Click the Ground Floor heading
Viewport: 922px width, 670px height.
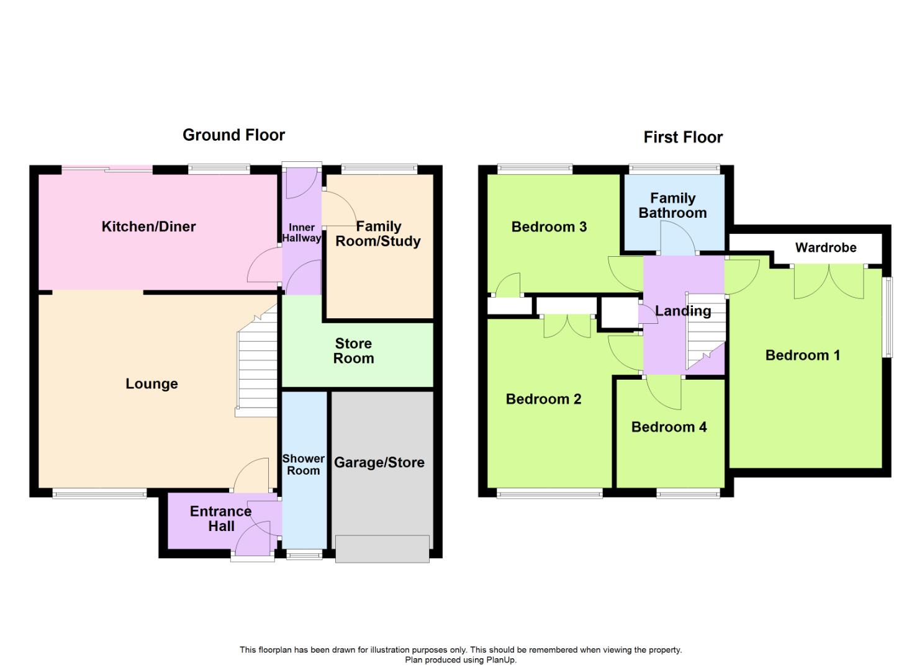(x=233, y=135)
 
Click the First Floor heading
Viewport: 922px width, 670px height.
(x=683, y=137)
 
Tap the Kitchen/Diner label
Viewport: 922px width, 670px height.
(x=148, y=227)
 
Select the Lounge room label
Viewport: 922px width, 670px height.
(x=151, y=384)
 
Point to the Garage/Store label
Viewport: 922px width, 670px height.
(x=379, y=463)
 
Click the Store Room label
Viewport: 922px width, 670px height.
(x=353, y=351)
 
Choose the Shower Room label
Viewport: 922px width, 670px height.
(x=303, y=465)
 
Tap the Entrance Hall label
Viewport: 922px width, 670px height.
(x=220, y=519)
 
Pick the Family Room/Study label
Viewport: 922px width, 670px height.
(x=378, y=234)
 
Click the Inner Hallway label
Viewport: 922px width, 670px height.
(x=302, y=233)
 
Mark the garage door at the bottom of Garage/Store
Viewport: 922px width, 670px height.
(x=382, y=549)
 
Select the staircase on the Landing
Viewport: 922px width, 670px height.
(x=705, y=332)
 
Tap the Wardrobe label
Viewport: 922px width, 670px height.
(x=825, y=248)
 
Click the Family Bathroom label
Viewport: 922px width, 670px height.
(x=672, y=205)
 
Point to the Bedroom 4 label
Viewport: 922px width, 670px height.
(x=669, y=427)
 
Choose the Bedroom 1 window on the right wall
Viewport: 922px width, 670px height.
(x=888, y=316)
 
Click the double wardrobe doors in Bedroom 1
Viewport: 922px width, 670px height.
(x=828, y=282)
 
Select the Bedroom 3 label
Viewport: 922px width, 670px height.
(x=549, y=227)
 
